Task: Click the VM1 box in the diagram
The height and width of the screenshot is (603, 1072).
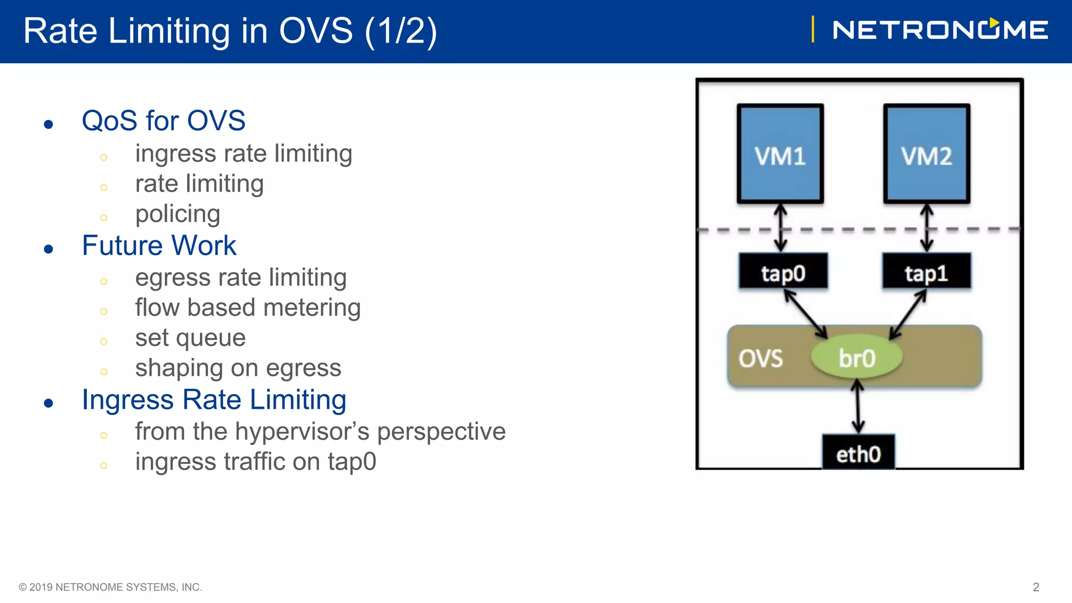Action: coord(780,154)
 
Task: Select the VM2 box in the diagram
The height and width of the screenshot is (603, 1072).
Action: coord(926,154)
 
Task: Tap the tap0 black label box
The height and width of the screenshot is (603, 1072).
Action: coord(783,272)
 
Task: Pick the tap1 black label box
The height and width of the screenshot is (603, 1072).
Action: coord(926,272)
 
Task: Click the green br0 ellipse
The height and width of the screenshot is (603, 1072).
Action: coord(857,358)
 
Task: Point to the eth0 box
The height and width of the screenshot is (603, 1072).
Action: coord(858,452)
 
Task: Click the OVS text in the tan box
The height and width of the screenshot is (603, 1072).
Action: coord(761,359)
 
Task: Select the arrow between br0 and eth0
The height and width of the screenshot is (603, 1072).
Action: coord(857,407)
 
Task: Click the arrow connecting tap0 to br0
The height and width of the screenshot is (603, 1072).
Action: coord(806,315)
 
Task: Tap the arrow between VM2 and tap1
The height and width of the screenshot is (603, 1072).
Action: coord(927,228)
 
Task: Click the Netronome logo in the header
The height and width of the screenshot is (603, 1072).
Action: coord(940,30)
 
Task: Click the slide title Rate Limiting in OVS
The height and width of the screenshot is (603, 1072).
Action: coord(230,31)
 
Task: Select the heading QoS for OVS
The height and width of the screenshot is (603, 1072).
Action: coord(163,121)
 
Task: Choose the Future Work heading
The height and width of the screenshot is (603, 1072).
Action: coord(159,245)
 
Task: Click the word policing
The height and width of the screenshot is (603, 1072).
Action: coord(177,214)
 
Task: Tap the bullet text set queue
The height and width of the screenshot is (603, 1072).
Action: coord(190,338)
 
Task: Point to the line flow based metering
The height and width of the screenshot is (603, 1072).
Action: coord(248,308)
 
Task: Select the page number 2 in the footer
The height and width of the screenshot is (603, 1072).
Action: coord(1035,587)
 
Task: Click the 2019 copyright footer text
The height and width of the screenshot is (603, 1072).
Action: coord(110,587)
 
